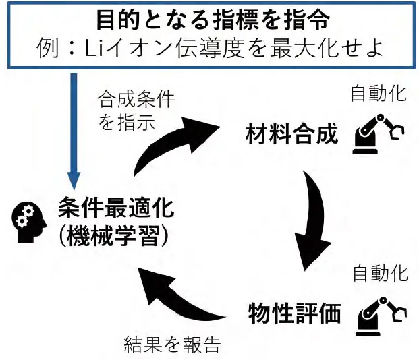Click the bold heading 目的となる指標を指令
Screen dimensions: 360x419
[212, 20]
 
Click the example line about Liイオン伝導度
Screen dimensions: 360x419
[212, 49]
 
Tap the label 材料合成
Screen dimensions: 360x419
[290, 134]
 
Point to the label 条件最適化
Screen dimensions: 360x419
[115, 208]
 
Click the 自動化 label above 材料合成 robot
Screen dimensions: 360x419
[378, 94]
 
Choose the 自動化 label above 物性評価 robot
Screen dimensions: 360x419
[381, 274]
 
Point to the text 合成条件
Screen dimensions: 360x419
[136, 100]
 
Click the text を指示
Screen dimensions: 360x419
[127, 124]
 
